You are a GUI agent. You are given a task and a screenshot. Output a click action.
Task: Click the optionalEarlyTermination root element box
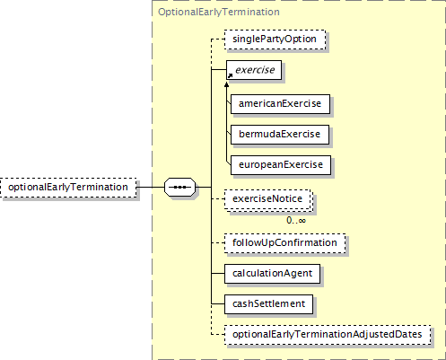click(68, 188)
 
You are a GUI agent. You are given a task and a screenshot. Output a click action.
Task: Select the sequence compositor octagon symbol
click(179, 188)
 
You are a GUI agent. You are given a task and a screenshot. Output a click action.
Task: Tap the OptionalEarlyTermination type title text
click(219, 12)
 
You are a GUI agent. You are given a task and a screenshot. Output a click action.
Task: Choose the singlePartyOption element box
click(275, 40)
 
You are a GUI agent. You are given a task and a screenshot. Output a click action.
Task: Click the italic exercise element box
click(254, 70)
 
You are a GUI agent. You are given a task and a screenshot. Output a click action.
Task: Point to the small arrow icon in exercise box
click(230, 76)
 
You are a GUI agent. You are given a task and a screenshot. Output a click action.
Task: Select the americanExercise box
click(280, 104)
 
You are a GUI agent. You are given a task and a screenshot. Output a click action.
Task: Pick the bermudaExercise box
click(280, 135)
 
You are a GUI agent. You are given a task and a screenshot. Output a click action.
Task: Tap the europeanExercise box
click(281, 165)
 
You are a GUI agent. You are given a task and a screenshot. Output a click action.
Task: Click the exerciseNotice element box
click(268, 199)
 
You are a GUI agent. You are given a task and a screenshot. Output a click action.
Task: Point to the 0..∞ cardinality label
click(296, 221)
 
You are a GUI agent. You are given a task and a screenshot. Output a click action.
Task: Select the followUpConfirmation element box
click(284, 243)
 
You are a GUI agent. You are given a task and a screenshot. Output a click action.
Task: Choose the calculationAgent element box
click(272, 274)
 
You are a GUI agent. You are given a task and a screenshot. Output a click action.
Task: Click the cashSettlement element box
click(268, 304)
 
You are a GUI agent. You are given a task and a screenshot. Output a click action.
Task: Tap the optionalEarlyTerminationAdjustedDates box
click(328, 335)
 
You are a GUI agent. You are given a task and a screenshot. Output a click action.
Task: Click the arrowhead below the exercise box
click(227, 85)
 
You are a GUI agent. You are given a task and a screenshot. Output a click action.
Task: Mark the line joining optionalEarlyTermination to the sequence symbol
click(151, 188)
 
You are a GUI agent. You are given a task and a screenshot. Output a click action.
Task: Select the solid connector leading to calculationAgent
click(218, 274)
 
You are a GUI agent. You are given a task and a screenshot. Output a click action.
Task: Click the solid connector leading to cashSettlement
click(218, 304)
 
